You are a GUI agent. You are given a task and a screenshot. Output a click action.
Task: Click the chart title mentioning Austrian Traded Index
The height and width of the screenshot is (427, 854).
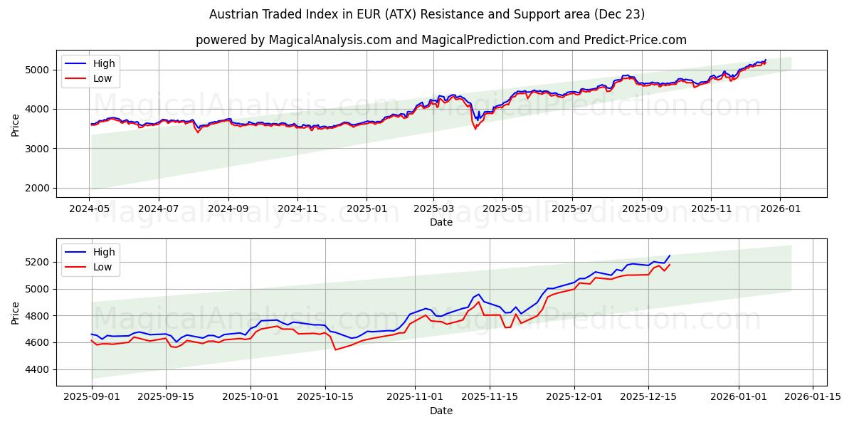(427, 14)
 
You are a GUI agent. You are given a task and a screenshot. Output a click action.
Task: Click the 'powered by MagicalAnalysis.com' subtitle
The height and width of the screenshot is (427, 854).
(441, 40)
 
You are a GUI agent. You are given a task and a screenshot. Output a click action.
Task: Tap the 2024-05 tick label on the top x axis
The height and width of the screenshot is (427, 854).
(90, 210)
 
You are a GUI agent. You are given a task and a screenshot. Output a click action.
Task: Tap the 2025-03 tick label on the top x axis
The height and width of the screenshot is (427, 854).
(433, 210)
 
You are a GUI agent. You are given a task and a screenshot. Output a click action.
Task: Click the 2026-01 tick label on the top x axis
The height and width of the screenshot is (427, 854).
(780, 210)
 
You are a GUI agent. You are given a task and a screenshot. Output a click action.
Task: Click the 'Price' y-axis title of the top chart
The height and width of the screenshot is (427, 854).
(16, 124)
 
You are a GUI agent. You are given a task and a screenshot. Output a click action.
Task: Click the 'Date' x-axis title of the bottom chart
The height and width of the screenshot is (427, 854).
(441, 411)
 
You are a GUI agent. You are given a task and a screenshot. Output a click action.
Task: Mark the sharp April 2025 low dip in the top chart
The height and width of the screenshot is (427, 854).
(475, 128)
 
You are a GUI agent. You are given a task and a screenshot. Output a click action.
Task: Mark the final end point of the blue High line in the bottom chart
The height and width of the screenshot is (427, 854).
(669, 255)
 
